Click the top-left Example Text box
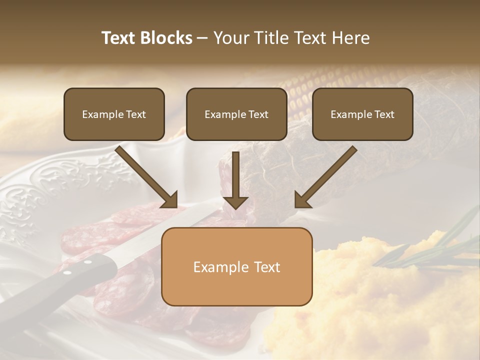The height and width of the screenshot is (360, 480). [114, 114]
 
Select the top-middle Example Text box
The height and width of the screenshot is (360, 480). [236, 114]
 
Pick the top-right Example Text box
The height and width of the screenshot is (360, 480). [362, 114]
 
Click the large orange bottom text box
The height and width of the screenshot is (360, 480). [236, 267]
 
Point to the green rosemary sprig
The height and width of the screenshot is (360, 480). [430, 245]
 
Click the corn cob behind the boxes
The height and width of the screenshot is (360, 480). [300, 90]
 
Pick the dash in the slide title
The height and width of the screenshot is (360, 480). [202, 38]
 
